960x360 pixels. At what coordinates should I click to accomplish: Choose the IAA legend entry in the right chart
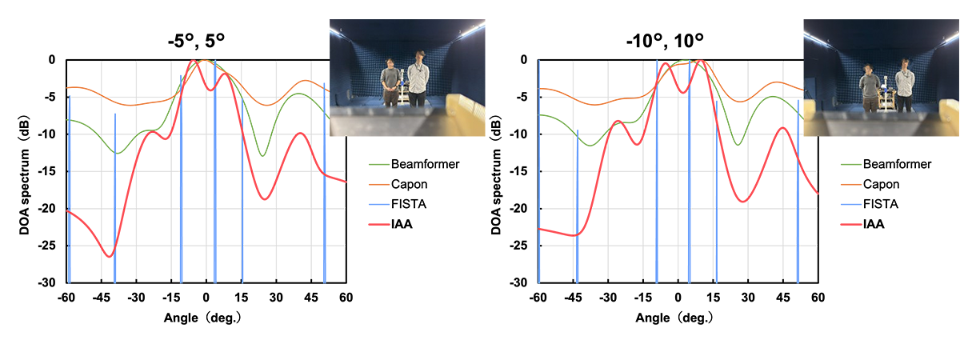click(x=873, y=224)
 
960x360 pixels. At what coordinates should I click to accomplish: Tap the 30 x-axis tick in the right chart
click(x=748, y=297)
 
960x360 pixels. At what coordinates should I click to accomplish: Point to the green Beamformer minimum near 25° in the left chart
click(x=262, y=155)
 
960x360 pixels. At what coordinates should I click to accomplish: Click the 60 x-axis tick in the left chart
click(x=346, y=297)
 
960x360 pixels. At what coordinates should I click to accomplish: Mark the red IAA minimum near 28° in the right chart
click(x=742, y=202)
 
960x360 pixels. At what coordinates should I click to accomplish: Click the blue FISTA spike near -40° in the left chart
click(x=114, y=200)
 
